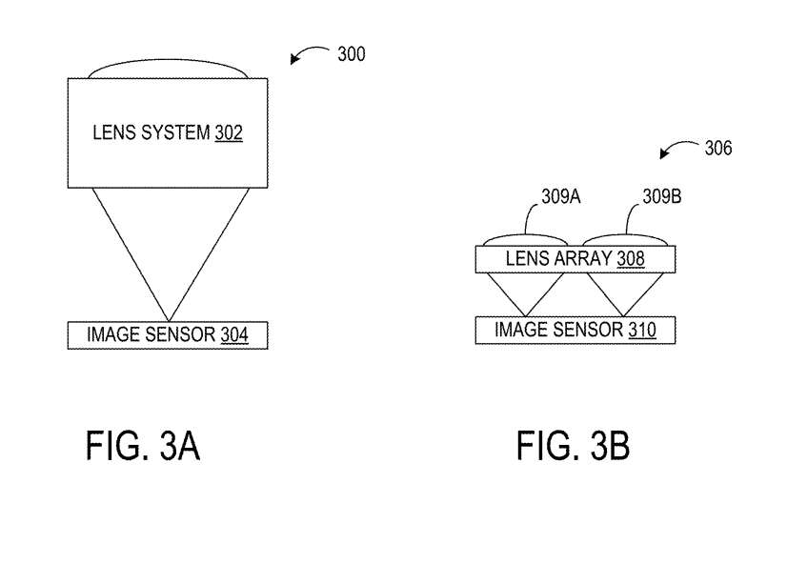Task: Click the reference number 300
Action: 352,54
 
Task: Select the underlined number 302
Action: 229,132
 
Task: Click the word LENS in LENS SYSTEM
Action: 111,132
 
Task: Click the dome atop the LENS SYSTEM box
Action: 169,70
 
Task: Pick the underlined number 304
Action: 234,334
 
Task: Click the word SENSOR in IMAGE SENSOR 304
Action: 181,334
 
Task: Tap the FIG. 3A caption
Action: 143,446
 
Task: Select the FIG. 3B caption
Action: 574,446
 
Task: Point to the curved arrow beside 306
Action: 677,151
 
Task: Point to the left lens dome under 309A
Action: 526,239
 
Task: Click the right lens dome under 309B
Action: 625,239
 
